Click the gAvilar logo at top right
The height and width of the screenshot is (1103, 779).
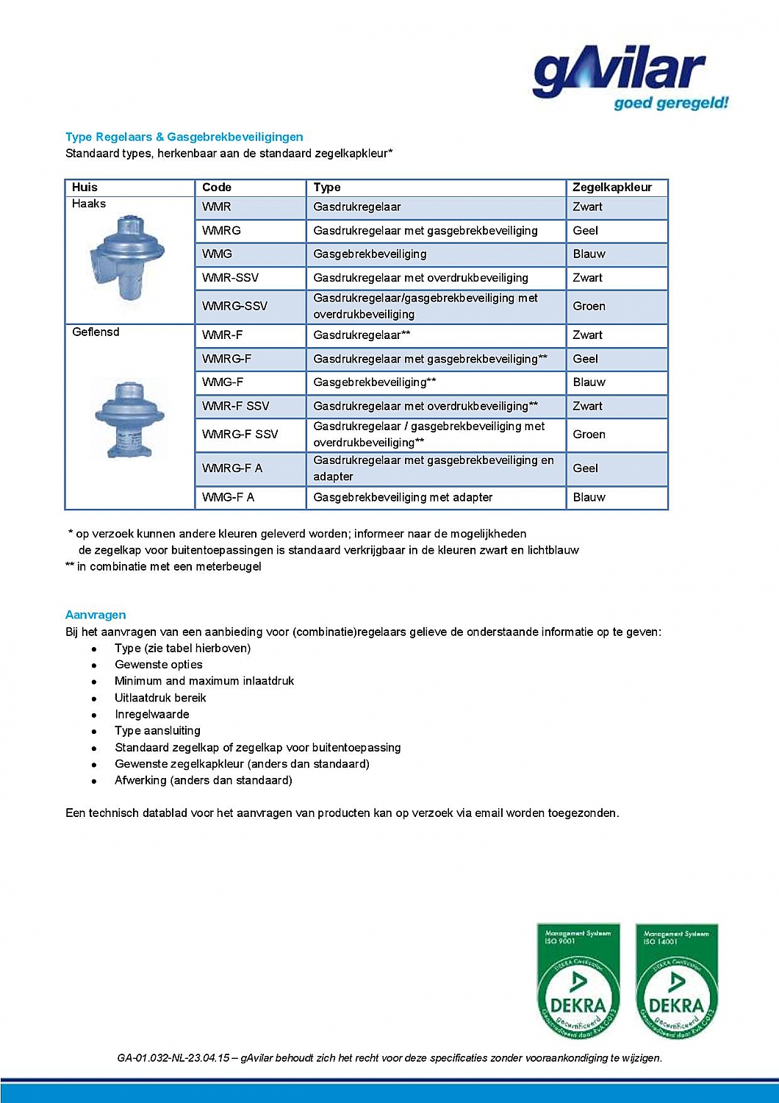629,76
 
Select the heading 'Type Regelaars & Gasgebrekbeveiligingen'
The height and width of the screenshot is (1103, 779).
184,137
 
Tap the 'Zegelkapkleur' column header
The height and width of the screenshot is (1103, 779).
611,188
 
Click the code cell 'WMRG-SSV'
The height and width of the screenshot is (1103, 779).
234,306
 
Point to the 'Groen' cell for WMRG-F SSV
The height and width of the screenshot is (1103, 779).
589,435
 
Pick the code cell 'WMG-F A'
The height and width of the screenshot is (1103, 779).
228,497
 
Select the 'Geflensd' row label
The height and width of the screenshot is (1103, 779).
96,332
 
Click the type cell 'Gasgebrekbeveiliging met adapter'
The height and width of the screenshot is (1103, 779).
403,497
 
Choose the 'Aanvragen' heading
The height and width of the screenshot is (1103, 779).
96,615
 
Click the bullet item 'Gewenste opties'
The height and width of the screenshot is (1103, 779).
158,665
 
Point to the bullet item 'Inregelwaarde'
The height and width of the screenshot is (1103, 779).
151,714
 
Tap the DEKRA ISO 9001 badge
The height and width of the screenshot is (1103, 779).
578,982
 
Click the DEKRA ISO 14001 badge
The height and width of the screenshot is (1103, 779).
676,982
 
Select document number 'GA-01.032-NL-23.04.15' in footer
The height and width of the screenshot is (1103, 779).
173,1058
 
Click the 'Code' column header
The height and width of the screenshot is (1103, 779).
217,188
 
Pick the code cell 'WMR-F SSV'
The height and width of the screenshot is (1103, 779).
235,406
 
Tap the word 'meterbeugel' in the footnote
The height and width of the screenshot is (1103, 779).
228,566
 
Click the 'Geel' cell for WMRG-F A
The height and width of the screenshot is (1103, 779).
585,468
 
